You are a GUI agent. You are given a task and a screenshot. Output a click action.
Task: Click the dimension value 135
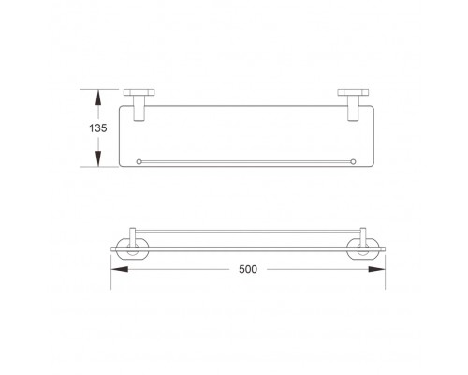point(98,128)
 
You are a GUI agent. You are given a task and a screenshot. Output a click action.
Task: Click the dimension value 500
point(248,269)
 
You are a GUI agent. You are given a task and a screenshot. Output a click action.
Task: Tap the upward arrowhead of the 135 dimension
point(98,97)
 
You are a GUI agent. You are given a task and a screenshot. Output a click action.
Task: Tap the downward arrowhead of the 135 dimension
point(98,158)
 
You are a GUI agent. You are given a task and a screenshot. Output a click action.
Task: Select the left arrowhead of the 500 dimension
point(120,269)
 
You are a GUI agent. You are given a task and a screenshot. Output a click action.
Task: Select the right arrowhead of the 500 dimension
point(376,269)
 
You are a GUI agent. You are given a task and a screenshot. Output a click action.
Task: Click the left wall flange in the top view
point(139,93)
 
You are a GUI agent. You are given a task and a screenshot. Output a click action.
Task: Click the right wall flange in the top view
point(353,93)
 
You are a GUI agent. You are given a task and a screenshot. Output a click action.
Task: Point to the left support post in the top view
point(139,108)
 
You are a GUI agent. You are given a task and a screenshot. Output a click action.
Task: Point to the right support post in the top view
point(354,108)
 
